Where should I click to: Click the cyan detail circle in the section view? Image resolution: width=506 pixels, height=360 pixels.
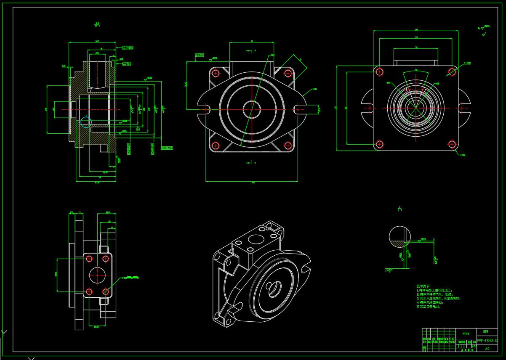(x=86, y=122)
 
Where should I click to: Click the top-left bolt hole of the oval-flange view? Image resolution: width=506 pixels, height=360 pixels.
(x=216, y=73)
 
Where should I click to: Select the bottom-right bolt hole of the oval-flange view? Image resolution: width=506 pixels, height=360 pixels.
(x=288, y=146)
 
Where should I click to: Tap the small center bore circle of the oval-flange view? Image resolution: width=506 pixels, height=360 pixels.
(x=252, y=109)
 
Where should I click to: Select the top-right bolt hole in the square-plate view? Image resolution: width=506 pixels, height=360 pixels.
(x=452, y=72)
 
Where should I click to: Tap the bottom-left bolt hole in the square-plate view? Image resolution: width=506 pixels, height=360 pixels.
(x=379, y=144)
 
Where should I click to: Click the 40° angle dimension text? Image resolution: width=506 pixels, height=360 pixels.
(x=416, y=70)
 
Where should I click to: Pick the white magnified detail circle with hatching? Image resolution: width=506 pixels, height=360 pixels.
(x=399, y=237)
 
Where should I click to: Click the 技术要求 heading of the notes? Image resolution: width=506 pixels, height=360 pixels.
(x=423, y=286)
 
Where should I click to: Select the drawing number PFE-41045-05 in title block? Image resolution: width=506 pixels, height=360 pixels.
(x=487, y=340)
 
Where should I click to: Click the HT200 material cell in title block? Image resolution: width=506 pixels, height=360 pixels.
(x=466, y=334)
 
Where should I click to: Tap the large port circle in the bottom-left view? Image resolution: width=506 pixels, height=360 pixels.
(x=97, y=275)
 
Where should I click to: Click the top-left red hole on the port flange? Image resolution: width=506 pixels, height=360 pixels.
(x=89, y=259)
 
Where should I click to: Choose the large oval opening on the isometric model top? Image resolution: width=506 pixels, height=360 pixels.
(x=256, y=239)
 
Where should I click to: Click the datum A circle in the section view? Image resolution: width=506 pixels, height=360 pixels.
(x=138, y=129)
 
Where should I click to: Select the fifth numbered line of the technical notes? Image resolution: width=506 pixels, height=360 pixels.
(x=429, y=307)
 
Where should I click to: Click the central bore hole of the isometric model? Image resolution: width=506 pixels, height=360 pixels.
(x=274, y=289)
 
